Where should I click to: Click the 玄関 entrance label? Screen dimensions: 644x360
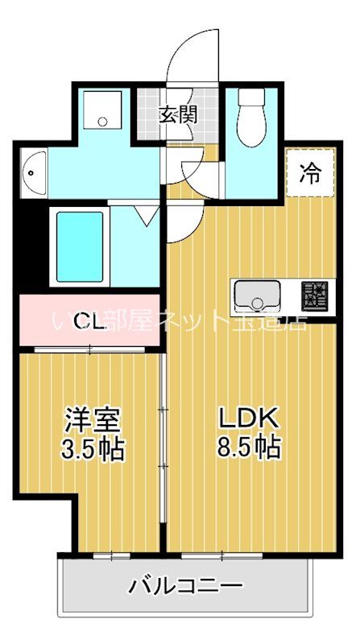[177, 114]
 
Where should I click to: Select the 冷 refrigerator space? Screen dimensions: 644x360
[308, 172]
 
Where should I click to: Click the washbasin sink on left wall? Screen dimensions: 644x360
[32, 171]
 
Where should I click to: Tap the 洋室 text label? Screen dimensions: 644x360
[93, 421]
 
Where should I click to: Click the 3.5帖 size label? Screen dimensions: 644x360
[93, 449]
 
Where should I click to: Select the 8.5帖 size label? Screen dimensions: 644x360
[249, 447]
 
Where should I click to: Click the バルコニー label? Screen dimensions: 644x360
[185, 586]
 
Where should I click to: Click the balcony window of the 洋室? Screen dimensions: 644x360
[110, 555]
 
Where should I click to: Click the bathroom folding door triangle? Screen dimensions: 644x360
[146, 215]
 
